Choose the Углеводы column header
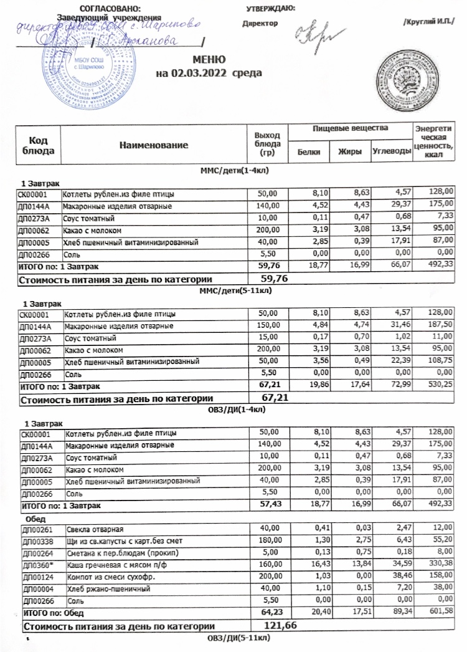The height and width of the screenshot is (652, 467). (390, 151)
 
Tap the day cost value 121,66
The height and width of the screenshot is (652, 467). (282, 625)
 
